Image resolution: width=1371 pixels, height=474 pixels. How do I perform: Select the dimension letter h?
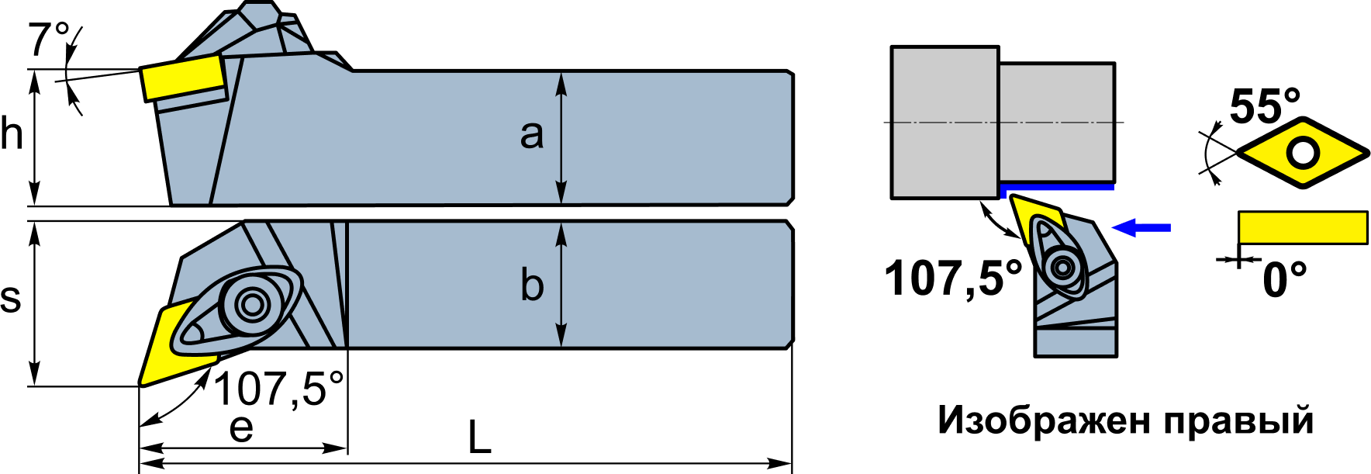point(12,133)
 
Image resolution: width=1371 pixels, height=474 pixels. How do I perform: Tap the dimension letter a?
point(532,135)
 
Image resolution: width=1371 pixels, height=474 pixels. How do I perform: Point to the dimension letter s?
point(11,298)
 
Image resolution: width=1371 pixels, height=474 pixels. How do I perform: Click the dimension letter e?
point(241,428)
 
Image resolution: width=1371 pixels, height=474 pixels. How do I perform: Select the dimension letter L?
point(479,438)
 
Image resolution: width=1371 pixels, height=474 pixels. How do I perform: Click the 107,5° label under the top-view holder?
point(278,389)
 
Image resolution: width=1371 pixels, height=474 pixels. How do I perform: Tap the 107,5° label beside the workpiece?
point(954,278)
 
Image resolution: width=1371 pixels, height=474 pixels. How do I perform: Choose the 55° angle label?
point(1265,106)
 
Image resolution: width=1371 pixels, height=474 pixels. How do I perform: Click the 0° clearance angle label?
point(1285,280)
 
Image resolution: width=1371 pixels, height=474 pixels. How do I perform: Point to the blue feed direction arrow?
point(1141,227)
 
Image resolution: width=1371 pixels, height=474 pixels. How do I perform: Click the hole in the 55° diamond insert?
point(1303,153)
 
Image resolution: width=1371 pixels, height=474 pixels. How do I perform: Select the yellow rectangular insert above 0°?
point(1303,227)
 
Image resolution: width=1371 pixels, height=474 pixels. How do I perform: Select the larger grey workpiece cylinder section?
point(945,123)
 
